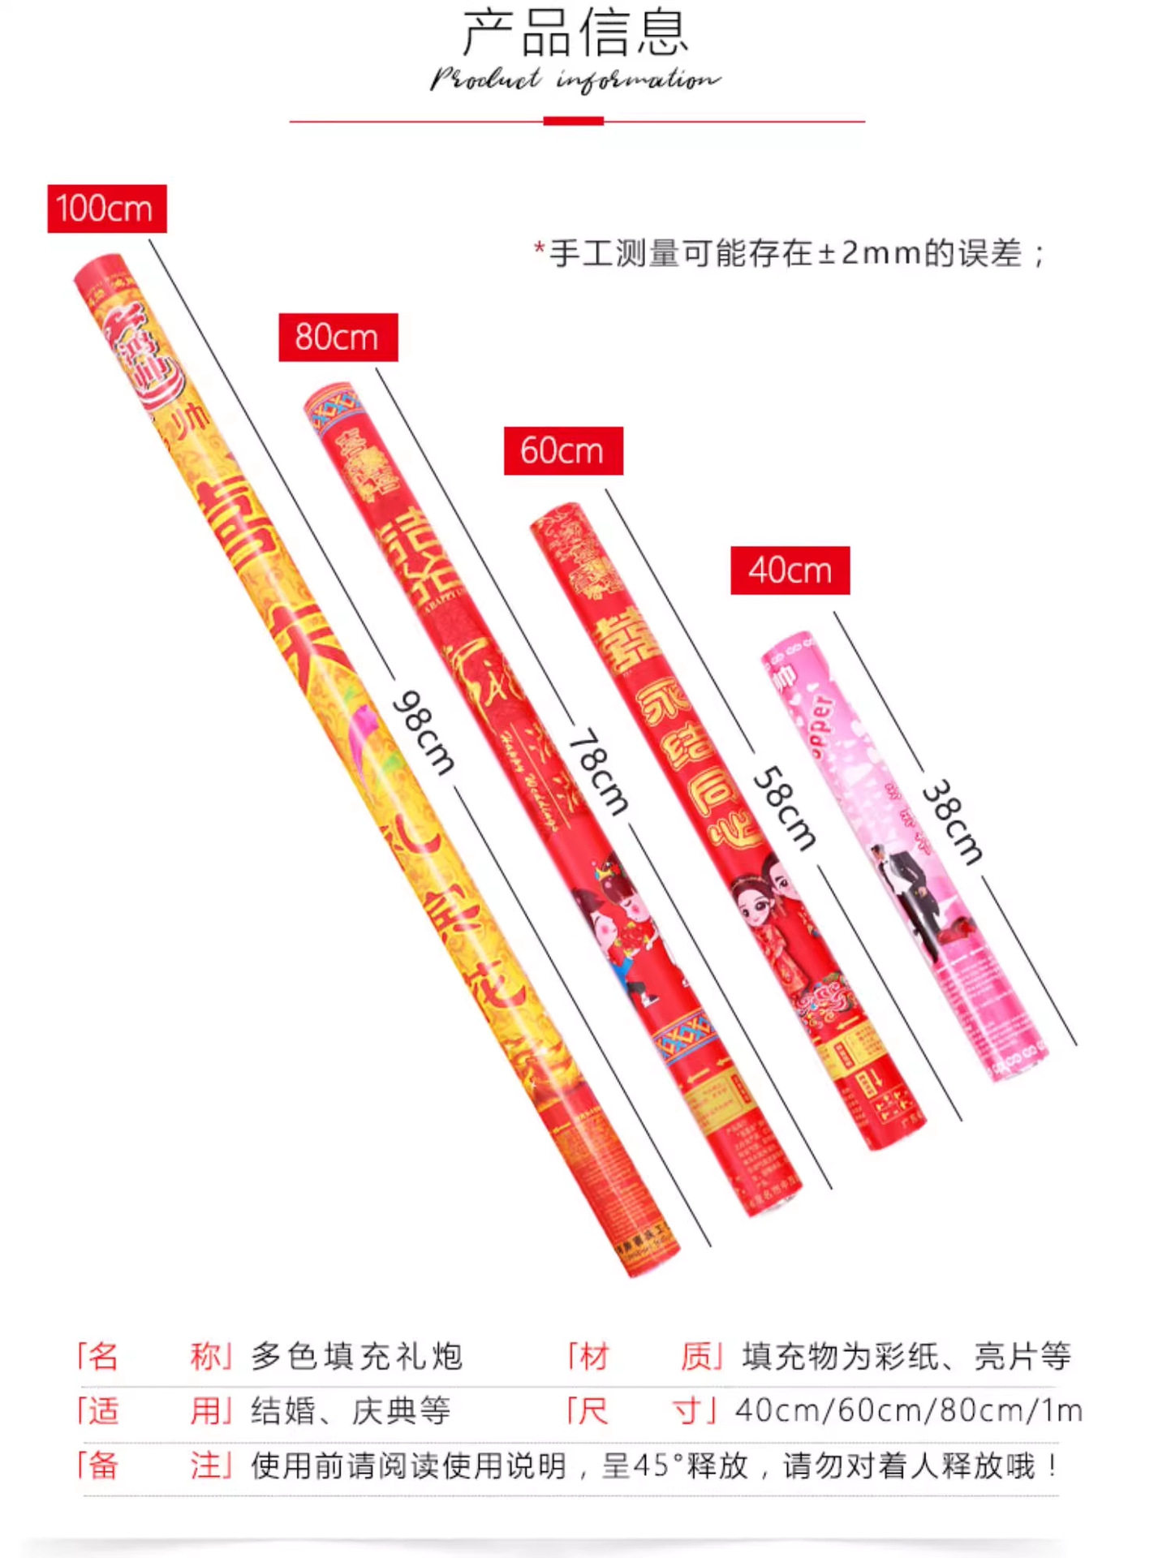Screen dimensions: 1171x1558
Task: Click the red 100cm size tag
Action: pyautogui.click(x=106, y=209)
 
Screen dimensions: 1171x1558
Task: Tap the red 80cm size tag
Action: pyautogui.click(x=338, y=337)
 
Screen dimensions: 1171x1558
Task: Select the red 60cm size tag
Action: pyautogui.click(x=563, y=450)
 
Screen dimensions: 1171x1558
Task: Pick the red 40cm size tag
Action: pyautogui.click(x=790, y=570)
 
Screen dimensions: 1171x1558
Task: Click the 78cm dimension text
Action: pyautogui.click(x=599, y=771)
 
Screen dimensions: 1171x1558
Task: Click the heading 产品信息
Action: pyautogui.click(x=575, y=33)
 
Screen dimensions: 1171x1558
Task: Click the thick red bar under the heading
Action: pyautogui.click(x=573, y=121)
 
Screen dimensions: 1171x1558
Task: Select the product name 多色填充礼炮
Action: pyautogui.click(x=356, y=1356)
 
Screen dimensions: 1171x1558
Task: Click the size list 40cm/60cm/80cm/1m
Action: pyautogui.click(x=909, y=1411)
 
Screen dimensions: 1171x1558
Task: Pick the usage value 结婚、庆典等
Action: pyautogui.click(x=351, y=1411)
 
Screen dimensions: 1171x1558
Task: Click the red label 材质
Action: pyautogui.click(x=644, y=1356)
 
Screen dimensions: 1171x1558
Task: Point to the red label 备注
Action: pyautogui.click(x=154, y=1465)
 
